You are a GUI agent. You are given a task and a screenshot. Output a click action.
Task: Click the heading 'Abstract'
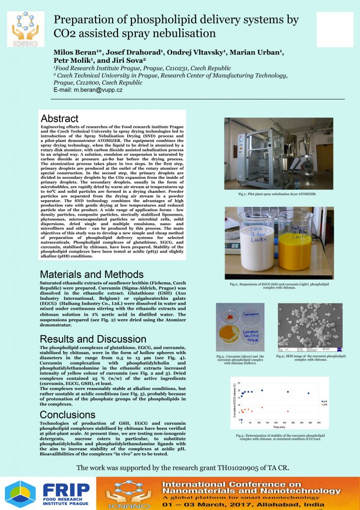(x=59, y=119)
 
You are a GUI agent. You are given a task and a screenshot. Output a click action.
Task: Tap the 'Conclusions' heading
(x=67, y=415)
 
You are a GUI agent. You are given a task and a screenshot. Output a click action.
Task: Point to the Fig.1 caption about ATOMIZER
(x=278, y=194)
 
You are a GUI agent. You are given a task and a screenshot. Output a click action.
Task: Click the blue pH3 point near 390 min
(x=308, y=393)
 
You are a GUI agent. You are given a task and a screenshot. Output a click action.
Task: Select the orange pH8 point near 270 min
(x=288, y=411)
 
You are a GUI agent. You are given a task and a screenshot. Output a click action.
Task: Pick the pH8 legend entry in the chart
(x=325, y=405)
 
